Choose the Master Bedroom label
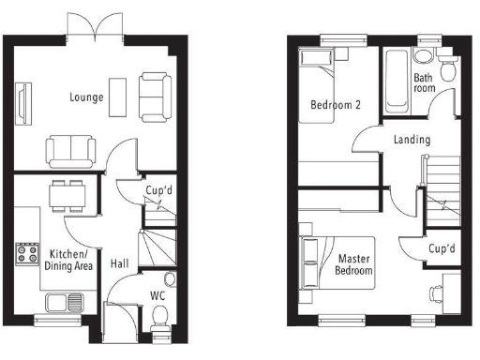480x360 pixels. pyautogui.click(x=354, y=263)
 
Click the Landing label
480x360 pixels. pyautogui.click(x=412, y=140)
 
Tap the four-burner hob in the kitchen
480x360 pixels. pyautogui.click(x=24, y=252)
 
